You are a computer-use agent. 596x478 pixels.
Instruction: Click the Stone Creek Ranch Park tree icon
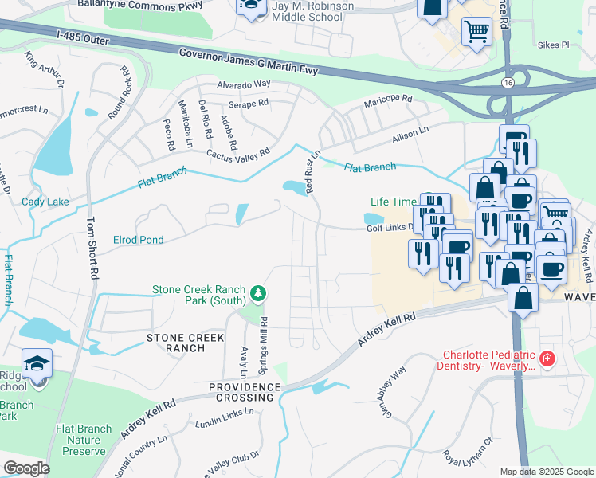(258, 295)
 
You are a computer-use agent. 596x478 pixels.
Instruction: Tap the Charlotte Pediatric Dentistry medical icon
(547, 359)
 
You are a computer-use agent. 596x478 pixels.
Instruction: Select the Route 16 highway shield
(508, 83)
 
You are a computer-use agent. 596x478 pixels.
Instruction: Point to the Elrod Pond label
(139, 239)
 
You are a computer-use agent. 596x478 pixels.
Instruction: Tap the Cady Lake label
(45, 202)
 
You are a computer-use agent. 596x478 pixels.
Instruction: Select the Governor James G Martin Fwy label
(249, 60)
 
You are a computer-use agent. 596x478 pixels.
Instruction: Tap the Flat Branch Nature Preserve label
(84, 440)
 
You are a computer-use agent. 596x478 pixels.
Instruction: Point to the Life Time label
(393, 202)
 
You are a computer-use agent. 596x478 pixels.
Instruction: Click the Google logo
(26, 468)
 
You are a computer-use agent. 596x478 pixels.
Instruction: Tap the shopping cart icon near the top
(476, 32)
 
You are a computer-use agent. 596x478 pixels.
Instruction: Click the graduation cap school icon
(37, 363)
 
